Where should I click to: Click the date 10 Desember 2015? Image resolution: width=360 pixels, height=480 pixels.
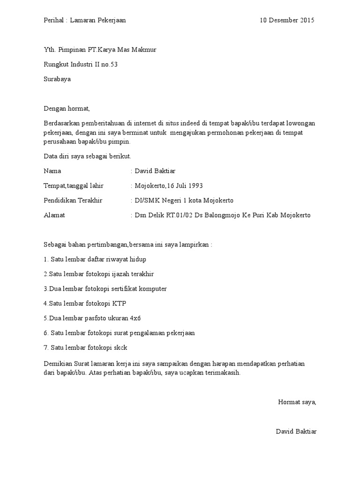(287, 20)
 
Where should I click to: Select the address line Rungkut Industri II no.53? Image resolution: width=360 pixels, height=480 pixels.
(81, 64)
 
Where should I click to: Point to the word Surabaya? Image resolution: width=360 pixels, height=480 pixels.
(57, 79)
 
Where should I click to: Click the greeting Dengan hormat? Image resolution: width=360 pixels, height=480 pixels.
(66, 108)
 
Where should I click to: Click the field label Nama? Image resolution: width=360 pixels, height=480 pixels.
(52, 171)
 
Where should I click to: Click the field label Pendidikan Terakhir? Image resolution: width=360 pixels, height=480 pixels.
(73, 200)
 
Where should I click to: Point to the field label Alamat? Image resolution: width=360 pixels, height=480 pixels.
(54, 215)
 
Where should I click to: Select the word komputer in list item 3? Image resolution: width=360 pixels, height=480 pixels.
(150, 288)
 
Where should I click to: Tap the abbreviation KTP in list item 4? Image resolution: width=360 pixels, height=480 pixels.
(120, 303)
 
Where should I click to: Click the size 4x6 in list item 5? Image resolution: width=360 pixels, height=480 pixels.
(135, 318)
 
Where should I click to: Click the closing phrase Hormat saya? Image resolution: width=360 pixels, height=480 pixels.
(297, 402)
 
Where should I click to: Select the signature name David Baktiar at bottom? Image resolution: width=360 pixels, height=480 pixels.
(296, 431)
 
